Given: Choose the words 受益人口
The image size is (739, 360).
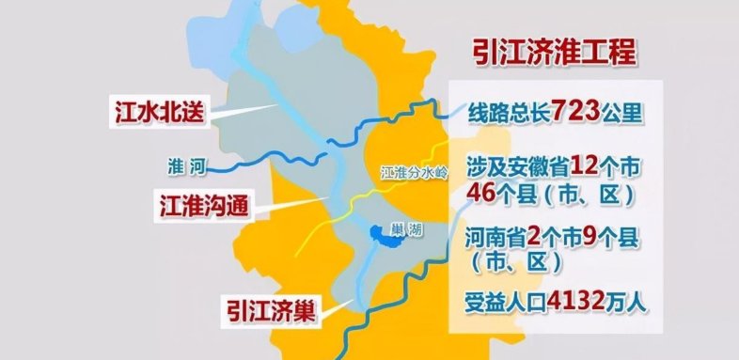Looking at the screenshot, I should coord(503,304).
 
